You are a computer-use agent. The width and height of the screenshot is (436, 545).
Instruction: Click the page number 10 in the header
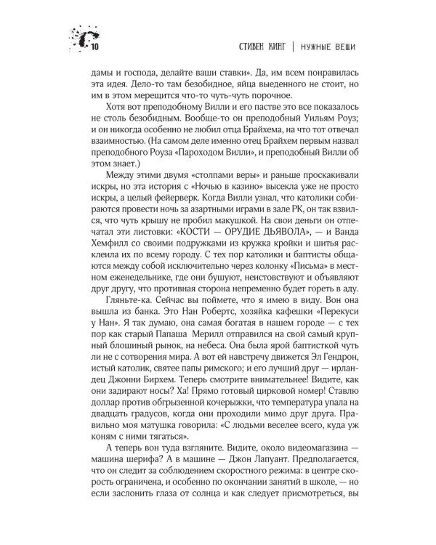(95, 47)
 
